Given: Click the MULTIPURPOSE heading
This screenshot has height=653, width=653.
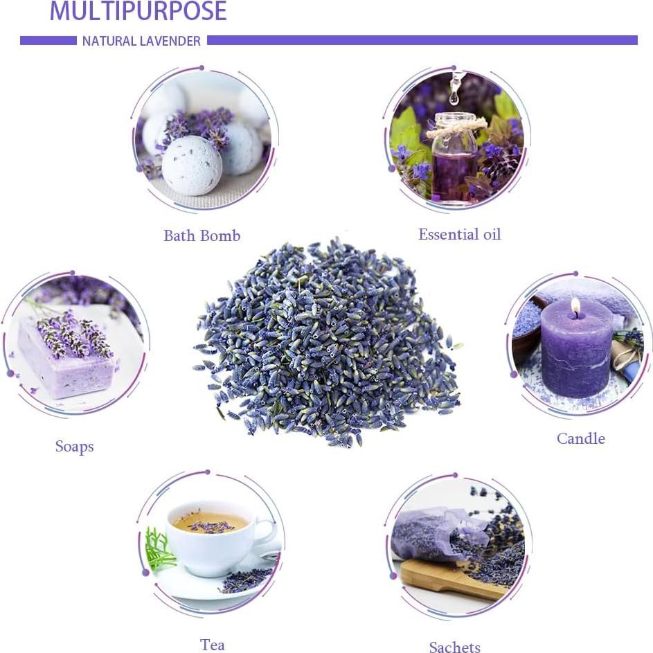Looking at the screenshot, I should pos(138,11).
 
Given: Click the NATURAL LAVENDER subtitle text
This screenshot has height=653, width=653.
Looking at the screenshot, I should pos(141,41).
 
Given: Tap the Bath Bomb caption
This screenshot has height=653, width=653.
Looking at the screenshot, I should pos(202,235).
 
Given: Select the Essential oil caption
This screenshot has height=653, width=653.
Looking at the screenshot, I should pos(459,234).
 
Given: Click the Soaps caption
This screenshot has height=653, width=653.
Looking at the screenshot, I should pos(74,447).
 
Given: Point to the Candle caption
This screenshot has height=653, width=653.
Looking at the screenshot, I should pos(580,438).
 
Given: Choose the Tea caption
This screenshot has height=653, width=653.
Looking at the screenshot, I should pos(212,645).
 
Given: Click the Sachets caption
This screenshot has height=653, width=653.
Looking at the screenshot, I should pos(454,647).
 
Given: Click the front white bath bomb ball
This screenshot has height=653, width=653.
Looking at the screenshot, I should pos(192,165).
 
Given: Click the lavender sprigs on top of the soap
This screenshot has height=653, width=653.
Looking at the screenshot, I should pos(74,332).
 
